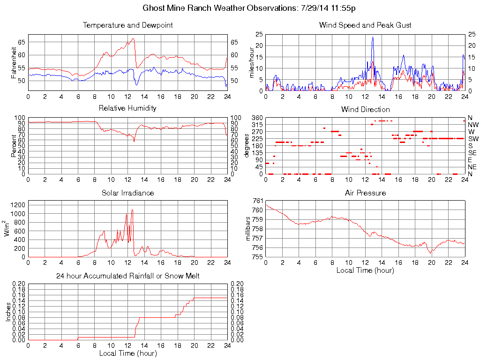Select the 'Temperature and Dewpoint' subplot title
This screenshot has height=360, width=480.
click(x=127, y=25)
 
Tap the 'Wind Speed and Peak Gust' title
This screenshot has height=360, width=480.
click(x=365, y=25)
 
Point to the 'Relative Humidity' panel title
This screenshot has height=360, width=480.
click(x=127, y=108)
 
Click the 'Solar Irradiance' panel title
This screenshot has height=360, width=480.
click(x=127, y=193)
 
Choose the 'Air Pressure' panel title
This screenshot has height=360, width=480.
click(x=365, y=193)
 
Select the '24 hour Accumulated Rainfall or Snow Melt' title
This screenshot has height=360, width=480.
click(x=127, y=276)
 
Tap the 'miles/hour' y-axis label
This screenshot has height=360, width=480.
click(x=252, y=62)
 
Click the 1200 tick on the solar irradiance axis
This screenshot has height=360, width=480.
click(x=19, y=204)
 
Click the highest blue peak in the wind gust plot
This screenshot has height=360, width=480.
click(x=373, y=37)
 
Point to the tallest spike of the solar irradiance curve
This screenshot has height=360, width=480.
click(x=132, y=210)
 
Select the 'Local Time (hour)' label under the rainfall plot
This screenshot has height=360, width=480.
click(x=127, y=353)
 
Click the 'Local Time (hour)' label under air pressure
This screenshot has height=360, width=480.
click(x=365, y=270)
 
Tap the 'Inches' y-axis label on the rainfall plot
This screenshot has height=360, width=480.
click(x=8, y=312)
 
